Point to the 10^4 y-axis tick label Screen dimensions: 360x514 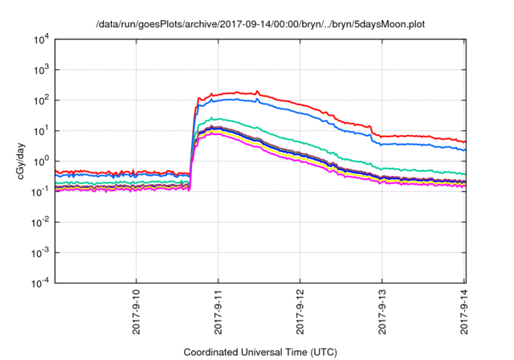coord(39,39)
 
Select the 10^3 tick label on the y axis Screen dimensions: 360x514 coord(39,70)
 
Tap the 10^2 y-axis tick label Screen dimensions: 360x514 coord(39,100)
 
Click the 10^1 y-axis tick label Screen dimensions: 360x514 coord(39,130)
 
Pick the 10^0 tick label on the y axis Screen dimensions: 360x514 coord(39,161)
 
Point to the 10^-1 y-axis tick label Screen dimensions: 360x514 coord(39,191)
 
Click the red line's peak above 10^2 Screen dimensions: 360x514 coord(257,92)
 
